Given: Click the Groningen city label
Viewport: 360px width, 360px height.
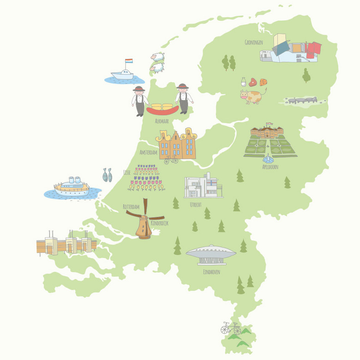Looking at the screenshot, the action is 254,42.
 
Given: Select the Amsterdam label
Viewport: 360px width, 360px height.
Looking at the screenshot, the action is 149,152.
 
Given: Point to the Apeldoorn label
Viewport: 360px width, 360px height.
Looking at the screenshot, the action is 270,167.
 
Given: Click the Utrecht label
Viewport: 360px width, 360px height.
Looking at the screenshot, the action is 195,204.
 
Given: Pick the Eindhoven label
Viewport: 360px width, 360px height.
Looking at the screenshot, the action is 211,272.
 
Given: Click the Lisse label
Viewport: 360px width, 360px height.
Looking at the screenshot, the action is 127,172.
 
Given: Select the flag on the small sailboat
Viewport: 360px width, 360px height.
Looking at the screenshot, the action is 129,61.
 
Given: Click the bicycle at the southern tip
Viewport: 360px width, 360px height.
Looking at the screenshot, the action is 230,328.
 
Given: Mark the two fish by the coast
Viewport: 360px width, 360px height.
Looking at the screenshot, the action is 107,174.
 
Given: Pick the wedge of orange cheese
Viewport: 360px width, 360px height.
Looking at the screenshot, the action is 263,82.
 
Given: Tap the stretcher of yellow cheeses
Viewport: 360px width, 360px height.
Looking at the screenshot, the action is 162,109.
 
